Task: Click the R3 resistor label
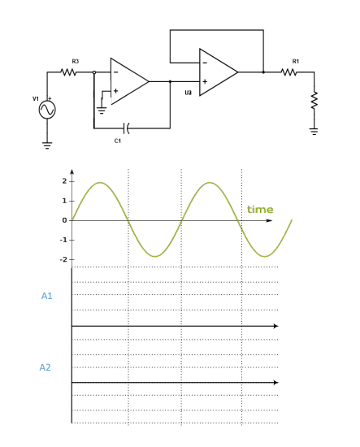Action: (76, 61)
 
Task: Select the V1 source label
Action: (36, 98)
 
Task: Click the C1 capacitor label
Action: (118, 141)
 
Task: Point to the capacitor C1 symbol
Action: (125, 128)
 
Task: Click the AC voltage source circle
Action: (47, 110)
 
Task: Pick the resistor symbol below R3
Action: (70, 72)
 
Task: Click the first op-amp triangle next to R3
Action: (128, 81)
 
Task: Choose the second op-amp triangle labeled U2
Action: (216, 72)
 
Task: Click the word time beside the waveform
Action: (260, 210)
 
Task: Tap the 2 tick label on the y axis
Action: (64, 180)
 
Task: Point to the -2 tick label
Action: (63, 259)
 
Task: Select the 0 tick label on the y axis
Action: (64, 220)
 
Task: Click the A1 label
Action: (46, 296)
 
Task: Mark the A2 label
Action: (46, 367)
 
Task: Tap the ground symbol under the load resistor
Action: (314, 130)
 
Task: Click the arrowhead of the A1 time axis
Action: (275, 326)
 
